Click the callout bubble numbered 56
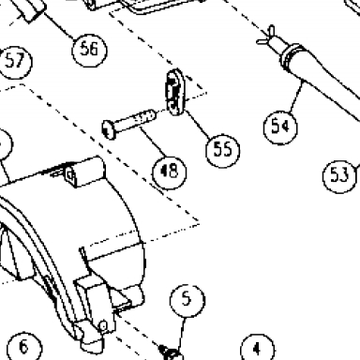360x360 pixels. coord(89,50)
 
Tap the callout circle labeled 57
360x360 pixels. coord(15,62)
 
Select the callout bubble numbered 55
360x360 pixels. coord(223,150)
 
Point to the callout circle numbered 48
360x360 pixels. coord(169,172)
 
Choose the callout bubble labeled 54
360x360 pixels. coord(280,127)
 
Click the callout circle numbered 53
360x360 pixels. coord(339,175)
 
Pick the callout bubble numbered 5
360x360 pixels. coord(187,301)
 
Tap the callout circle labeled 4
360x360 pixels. coord(258,349)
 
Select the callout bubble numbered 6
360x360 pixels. coord(24,347)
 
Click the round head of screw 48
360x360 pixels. coord(109,130)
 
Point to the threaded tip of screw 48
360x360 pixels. coord(149,115)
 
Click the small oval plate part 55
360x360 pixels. coord(175,92)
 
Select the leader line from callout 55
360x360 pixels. coord(198,124)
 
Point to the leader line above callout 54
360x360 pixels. coord(296,97)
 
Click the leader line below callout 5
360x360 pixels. coord(182,334)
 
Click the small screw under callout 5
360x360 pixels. coord(171,352)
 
